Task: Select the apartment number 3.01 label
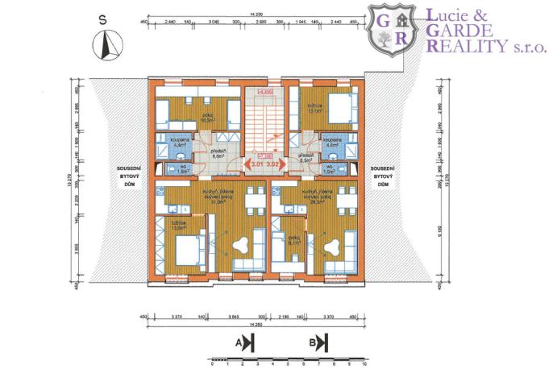256,164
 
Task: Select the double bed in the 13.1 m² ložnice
338,107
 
